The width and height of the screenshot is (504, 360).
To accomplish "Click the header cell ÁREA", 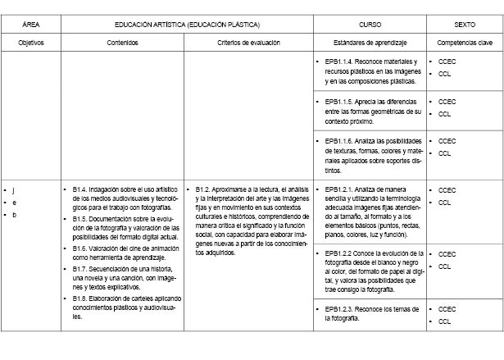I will tap(31, 25).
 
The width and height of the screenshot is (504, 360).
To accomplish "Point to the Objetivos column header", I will tap(31, 42).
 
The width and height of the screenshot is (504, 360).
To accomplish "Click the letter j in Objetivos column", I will tap(13, 190).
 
